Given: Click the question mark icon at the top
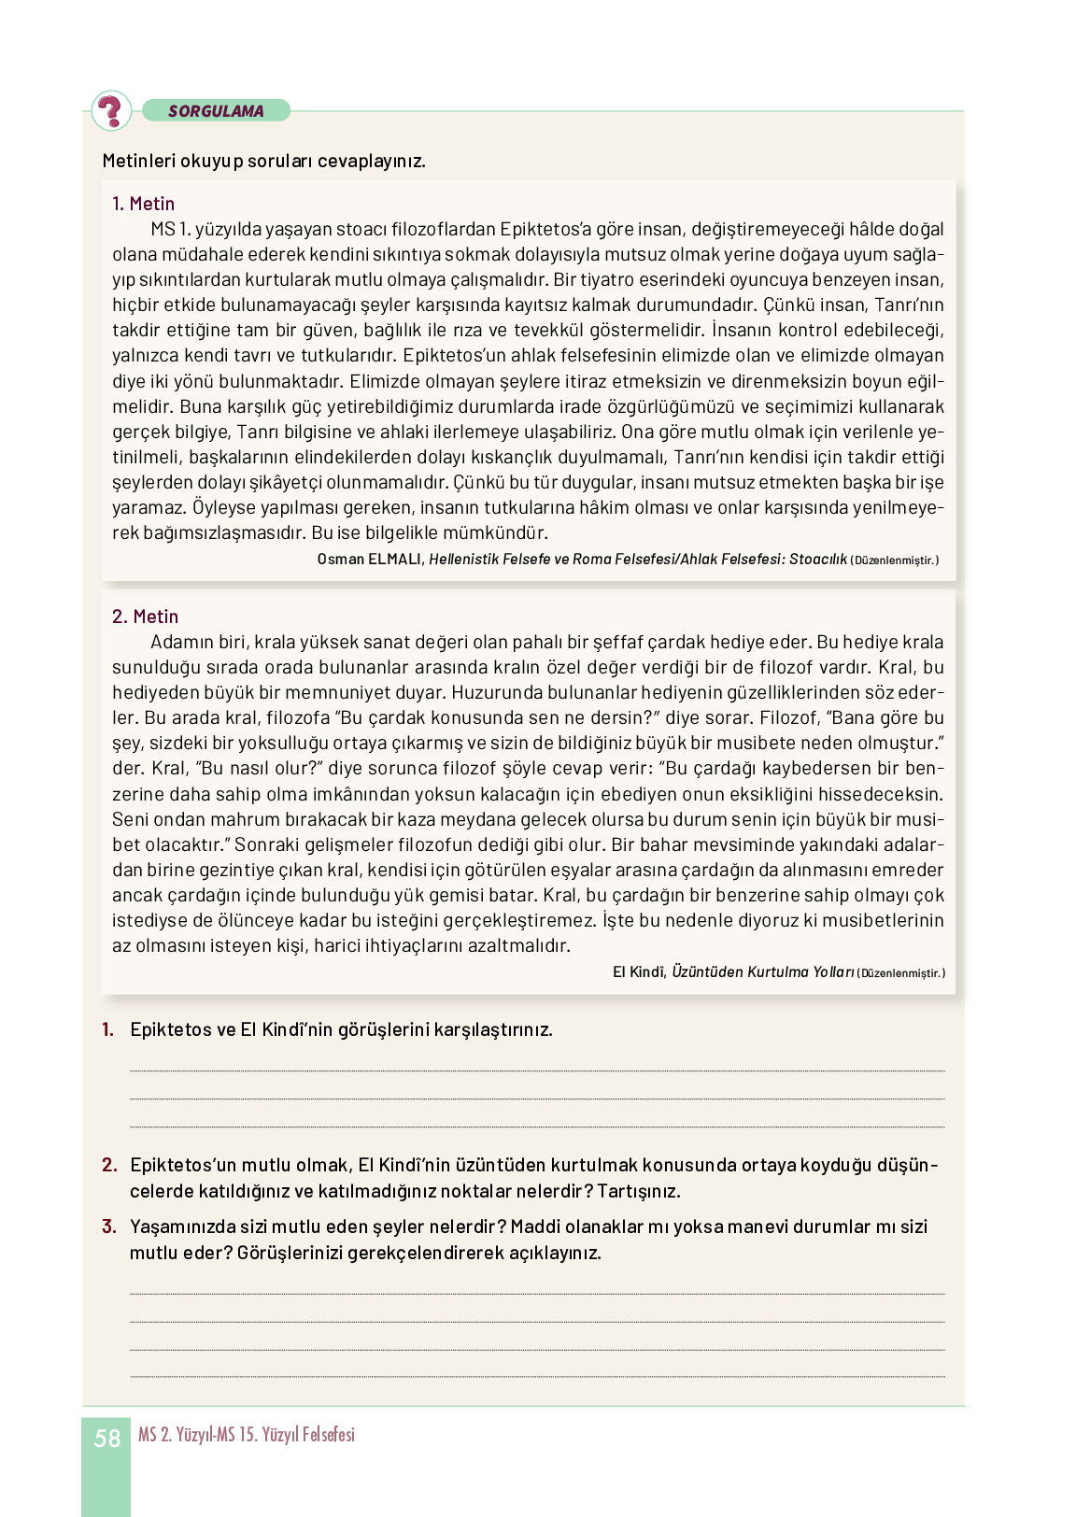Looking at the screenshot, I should point(111,110).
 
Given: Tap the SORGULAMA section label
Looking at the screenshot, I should point(216,111).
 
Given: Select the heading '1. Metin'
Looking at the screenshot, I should point(143,204).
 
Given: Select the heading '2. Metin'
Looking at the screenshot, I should point(145,617).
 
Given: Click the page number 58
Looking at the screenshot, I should point(106,1439).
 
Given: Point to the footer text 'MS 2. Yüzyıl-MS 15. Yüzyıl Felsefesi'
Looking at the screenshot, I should point(247,1435).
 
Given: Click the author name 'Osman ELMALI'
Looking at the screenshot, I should point(370,560).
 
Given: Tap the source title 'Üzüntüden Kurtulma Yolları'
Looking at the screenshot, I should point(762,972).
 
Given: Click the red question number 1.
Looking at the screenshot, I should point(108,1029).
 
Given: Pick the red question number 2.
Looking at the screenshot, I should point(109,1165).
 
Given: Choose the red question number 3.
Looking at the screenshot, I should point(109,1226).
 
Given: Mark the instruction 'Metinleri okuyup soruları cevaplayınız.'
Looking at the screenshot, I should point(263,161).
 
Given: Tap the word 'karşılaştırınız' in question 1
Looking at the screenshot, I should point(493,1029).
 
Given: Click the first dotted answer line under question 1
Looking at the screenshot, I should point(537,1070).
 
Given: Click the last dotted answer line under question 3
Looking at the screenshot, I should point(537,1377).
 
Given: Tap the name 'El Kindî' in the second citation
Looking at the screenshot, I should point(639,972).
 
